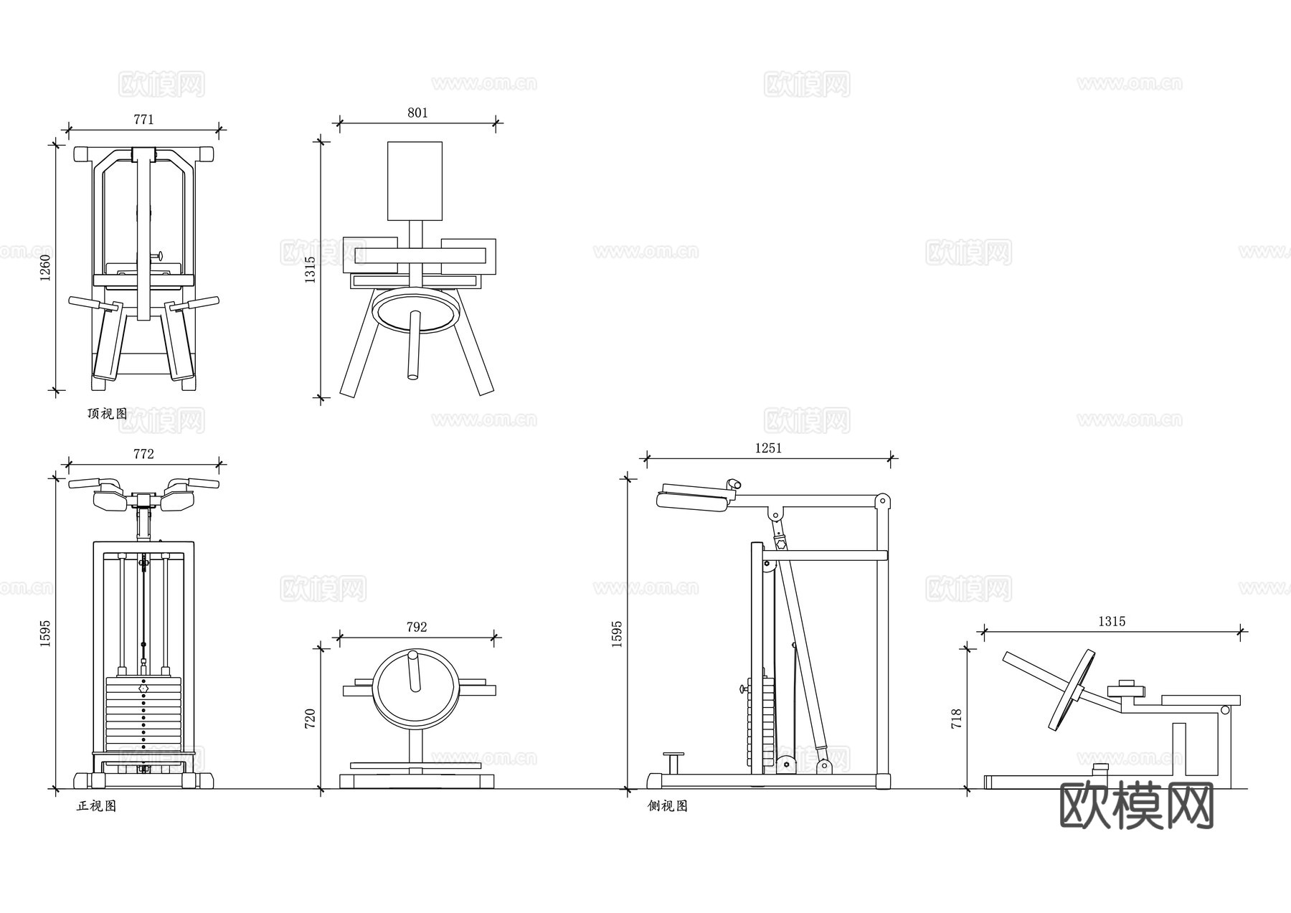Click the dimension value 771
point(143,120)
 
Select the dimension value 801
point(417,113)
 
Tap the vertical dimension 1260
point(45,268)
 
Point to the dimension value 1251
point(768,448)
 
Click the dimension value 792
point(417,627)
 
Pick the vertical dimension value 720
point(310,719)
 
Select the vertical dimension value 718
point(956,719)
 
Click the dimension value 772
point(143,454)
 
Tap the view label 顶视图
point(107,414)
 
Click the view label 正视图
point(96,806)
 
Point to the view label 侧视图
point(667,806)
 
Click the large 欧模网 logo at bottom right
point(1136,805)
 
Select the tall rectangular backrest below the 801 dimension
point(415,181)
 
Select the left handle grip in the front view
point(85,484)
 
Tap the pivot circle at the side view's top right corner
point(884,500)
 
